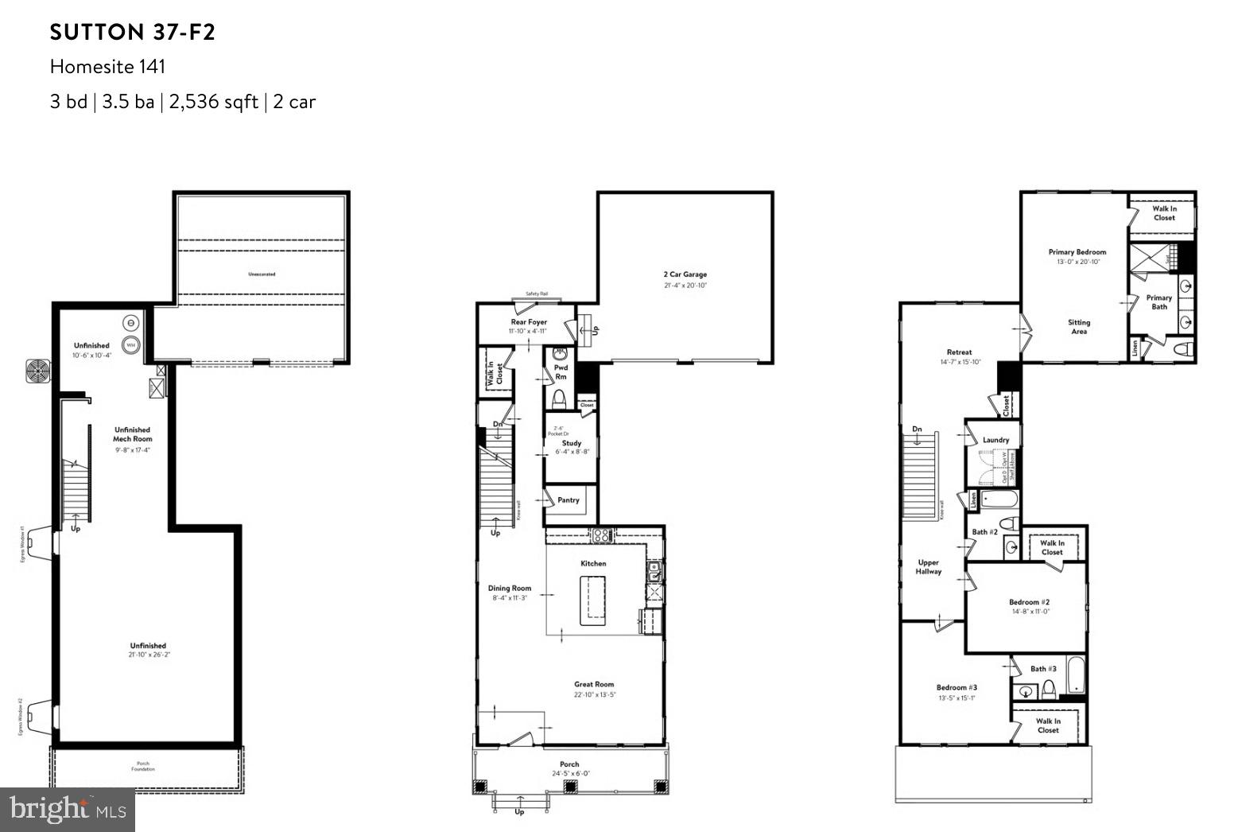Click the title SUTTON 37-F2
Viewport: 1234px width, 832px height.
pyautogui.click(x=132, y=33)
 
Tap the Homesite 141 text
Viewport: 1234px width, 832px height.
pyautogui.click(x=107, y=67)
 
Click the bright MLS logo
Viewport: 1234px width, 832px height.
pyautogui.click(x=67, y=811)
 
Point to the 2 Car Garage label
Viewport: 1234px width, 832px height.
pyautogui.click(x=684, y=274)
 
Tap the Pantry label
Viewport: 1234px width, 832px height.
pyautogui.click(x=568, y=500)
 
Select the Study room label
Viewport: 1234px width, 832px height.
pyautogui.click(x=571, y=443)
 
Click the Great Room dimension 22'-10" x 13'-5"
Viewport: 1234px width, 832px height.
pyautogui.click(x=594, y=694)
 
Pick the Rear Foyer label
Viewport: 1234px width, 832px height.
pyautogui.click(x=528, y=322)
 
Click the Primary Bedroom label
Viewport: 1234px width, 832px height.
pyautogui.click(x=1077, y=252)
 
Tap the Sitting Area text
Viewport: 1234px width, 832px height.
pyautogui.click(x=1078, y=327)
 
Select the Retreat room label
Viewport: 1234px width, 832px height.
pyautogui.click(x=959, y=352)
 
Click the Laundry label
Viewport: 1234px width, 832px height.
pyautogui.click(x=995, y=440)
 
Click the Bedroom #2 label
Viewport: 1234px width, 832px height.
pyautogui.click(x=1024, y=602)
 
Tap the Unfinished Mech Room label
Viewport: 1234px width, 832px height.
pyautogui.click(x=132, y=434)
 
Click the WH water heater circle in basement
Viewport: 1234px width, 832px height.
pyautogui.click(x=131, y=345)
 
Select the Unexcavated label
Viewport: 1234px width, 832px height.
pyautogui.click(x=261, y=274)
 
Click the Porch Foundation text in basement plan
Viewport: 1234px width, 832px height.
pyautogui.click(x=143, y=766)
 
